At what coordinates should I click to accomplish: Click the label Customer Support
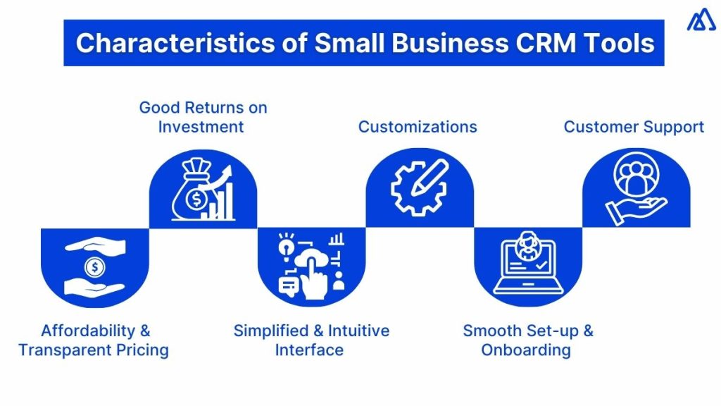tap(634, 127)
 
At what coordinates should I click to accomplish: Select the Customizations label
tap(418, 127)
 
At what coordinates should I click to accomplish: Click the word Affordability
tap(86, 331)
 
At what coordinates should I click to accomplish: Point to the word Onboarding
tap(526, 350)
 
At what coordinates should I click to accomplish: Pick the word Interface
tap(309, 350)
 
